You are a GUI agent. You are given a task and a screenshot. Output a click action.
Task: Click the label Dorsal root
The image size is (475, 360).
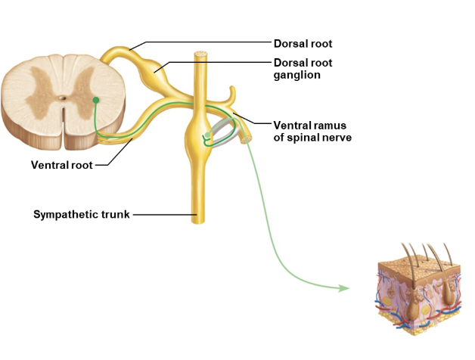pyautogui.click(x=303, y=44)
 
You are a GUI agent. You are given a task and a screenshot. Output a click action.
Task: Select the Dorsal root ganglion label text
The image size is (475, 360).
pyautogui.click(x=303, y=69)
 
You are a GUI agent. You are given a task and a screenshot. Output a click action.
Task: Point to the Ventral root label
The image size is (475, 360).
pyautogui.click(x=61, y=164)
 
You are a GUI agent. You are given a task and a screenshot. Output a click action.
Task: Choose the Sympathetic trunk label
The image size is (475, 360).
pyautogui.click(x=82, y=215)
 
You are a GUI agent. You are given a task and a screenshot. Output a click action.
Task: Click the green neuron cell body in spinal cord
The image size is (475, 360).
pyautogui.click(x=96, y=100)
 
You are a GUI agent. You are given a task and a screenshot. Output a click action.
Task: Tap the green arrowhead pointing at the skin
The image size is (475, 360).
pyautogui.click(x=344, y=288)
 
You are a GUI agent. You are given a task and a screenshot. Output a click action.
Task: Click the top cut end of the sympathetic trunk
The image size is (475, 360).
pyautogui.click(x=201, y=55)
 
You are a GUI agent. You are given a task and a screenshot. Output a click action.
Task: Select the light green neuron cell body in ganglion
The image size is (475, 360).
pyautogui.click(x=206, y=135)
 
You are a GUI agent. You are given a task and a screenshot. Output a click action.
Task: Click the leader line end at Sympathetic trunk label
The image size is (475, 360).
pyautogui.click(x=135, y=215)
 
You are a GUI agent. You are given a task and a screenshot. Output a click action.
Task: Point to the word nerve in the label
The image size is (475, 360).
pyautogui.click(x=337, y=138)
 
